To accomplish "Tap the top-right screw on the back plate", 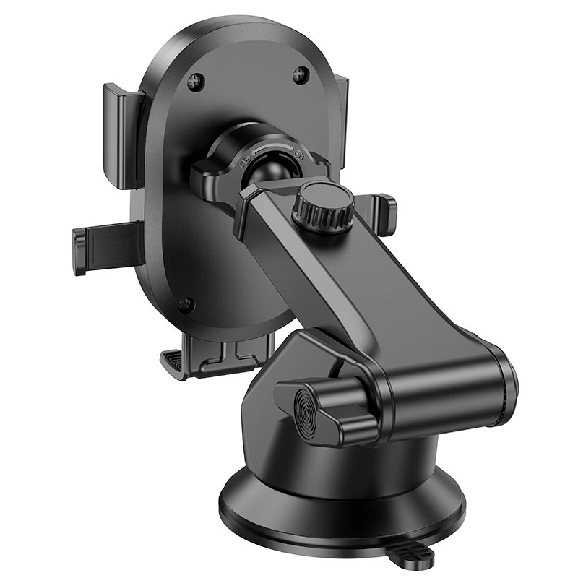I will point(301,74).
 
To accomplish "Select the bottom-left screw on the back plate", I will point(186,305).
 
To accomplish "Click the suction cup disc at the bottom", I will point(340,509).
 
